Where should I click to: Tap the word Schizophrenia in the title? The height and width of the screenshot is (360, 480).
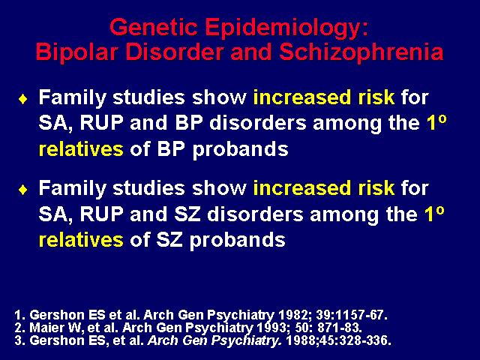tap(361, 52)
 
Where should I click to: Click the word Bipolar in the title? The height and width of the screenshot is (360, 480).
tap(76, 52)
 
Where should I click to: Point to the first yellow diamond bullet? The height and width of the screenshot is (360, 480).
tap(23, 99)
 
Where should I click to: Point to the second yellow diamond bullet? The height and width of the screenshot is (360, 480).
tap(23, 190)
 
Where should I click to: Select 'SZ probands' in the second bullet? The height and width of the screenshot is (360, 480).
tap(220, 240)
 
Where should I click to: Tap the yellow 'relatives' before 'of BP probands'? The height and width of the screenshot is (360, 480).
tap(81, 148)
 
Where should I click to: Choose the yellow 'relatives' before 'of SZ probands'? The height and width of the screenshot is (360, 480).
tap(81, 239)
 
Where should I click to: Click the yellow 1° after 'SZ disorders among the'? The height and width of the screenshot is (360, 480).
tap(434, 213)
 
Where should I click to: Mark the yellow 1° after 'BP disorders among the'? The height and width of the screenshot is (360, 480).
tap(436, 123)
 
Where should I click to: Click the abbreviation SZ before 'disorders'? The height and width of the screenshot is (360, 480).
tap(187, 214)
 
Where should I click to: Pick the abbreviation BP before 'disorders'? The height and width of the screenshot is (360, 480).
tap(189, 123)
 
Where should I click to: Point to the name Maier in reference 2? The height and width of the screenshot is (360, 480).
tap(46, 328)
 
